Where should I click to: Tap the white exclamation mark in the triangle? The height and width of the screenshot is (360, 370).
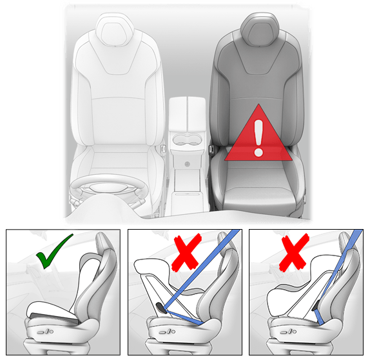point(258,137)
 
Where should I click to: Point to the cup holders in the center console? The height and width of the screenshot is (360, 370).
point(187,141)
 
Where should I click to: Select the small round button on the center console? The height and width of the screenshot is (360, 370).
point(186,165)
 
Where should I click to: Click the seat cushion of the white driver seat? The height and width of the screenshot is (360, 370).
point(116,158)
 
